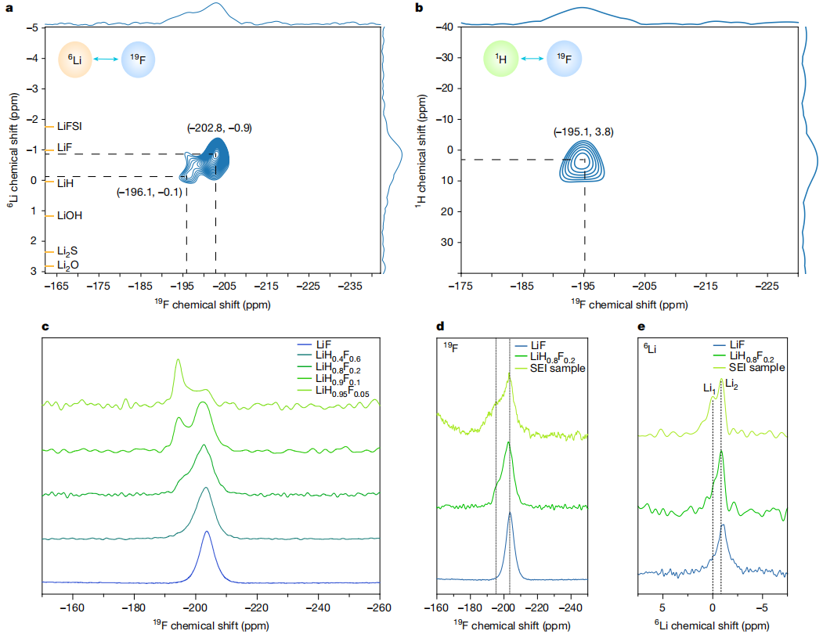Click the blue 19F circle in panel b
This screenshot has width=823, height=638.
click(x=564, y=59)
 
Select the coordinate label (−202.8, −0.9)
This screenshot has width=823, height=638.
click(x=219, y=128)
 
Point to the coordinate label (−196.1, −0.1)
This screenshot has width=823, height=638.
click(x=150, y=193)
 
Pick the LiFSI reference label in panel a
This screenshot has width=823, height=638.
click(x=70, y=126)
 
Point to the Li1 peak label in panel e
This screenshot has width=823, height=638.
click(x=707, y=387)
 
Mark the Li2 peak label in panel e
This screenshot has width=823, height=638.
click(x=731, y=384)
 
